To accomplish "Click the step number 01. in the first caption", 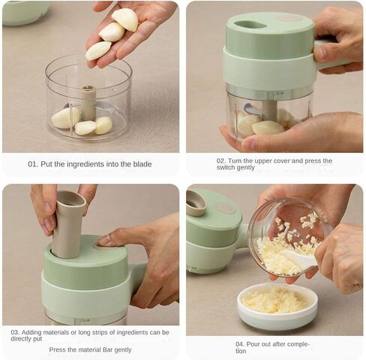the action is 33,164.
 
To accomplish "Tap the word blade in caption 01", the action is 142,164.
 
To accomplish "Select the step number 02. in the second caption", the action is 221,160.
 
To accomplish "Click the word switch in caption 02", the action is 224,167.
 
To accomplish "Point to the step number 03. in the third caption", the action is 15,332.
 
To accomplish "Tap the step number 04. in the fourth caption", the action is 240,344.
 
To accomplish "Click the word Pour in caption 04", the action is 253,344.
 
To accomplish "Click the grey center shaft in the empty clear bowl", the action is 88,103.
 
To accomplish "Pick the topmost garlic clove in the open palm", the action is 125,19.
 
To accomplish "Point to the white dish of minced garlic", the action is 277,305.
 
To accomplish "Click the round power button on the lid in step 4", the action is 225,207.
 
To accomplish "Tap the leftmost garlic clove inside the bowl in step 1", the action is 65,118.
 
